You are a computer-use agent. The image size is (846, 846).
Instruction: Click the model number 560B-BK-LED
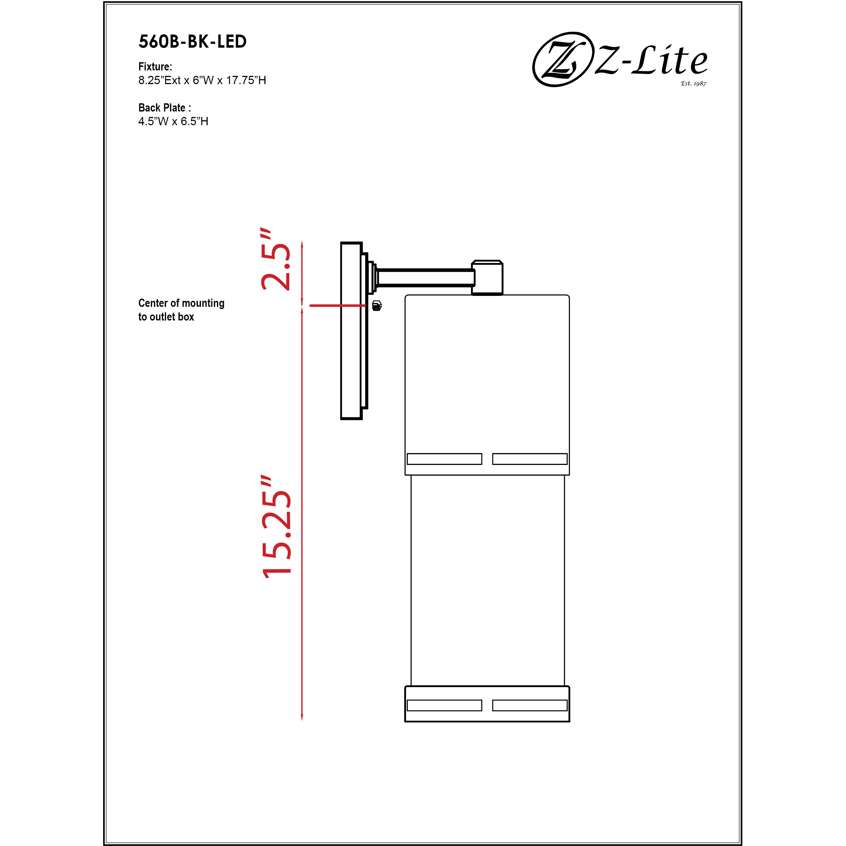(x=192, y=42)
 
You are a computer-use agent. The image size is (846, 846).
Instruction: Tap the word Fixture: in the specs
(x=155, y=67)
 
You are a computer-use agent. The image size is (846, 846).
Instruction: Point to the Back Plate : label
(x=164, y=108)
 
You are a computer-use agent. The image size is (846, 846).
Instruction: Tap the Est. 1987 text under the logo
(x=693, y=83)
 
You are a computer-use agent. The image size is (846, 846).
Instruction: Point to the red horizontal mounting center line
(x=337, y=306)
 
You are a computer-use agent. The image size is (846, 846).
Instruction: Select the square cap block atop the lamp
(x=487, y=278)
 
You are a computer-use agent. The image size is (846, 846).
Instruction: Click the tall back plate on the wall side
(x=351, y=331)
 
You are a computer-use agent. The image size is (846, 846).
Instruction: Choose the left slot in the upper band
(x=444, y=459)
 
